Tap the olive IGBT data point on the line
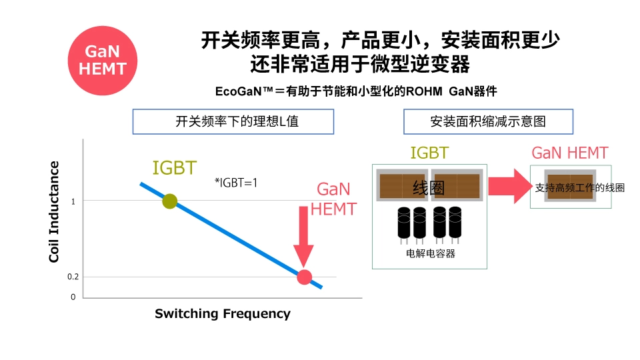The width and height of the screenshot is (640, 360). pyautogui.click(x=170, y=201)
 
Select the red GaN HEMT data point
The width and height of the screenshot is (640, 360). pyautogui.click(x=304, y=277)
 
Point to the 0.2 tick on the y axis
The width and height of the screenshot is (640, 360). pyautogui.click(x=73, y=277)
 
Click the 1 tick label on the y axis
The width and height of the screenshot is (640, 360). pyautogui.click(x=73, y=201)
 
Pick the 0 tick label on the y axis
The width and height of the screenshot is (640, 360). pyautogui.click(x=73, y=297)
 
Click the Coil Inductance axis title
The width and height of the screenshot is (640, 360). pyautogui.click(x=54, y=212)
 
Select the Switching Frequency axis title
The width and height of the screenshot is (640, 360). pyautogui.click(x=223, y=313)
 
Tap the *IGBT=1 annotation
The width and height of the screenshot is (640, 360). pyautogui.click(x=235, y=181)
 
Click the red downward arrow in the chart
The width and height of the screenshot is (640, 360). pyautogui.click(x=303, y=237)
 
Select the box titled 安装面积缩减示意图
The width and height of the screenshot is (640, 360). pyautogui.click(x=488, y=122)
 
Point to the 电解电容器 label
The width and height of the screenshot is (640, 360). pyautogui.click(x=431, y=254)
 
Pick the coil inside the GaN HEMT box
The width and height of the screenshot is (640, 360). pyautogui.click(x=570, y=187)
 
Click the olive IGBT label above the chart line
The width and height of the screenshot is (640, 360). pyautogui.click(x=175, y=168)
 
